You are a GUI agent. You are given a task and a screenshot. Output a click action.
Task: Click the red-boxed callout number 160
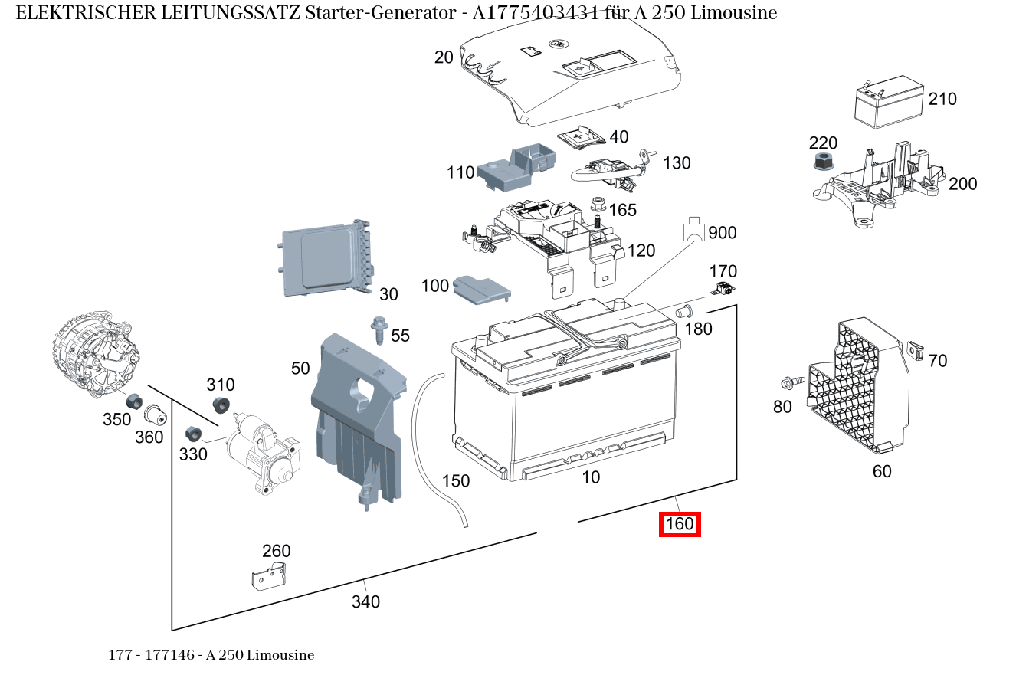point(680,525)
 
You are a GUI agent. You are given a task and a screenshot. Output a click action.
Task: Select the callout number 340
point(365,602)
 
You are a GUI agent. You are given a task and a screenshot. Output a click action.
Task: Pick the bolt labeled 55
point(378,331)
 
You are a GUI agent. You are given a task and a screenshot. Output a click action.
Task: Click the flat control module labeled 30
point(326,258)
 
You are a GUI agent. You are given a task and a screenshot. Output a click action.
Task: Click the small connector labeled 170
point(723,290)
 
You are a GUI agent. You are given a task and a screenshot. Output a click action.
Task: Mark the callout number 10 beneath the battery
point(591,477)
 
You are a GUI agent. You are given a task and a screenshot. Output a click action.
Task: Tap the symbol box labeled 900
point(693,229)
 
